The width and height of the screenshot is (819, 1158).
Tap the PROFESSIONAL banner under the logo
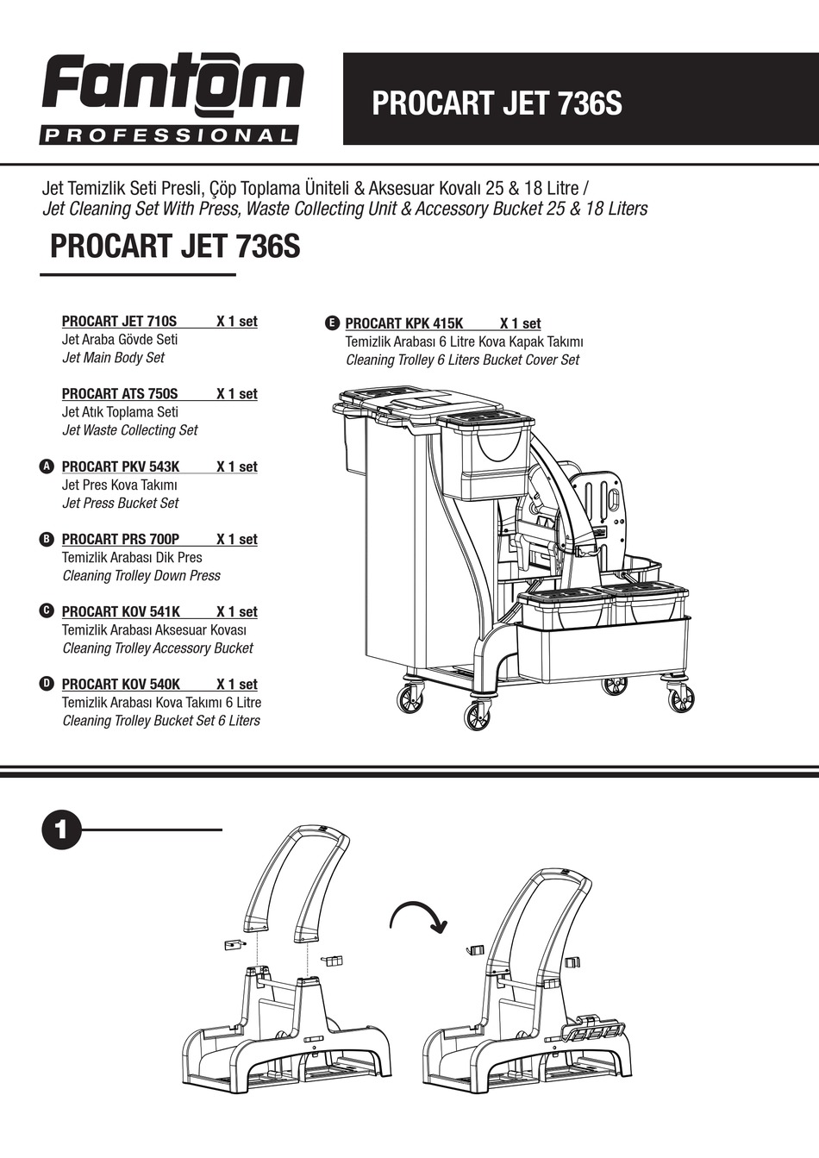[169, 135]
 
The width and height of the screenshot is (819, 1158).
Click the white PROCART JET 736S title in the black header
[496, 103]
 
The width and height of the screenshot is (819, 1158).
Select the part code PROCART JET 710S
[119, 322]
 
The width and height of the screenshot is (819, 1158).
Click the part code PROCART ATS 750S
[120, 394]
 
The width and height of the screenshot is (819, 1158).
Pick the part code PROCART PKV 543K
[121, 466]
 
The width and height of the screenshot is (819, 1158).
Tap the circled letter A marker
[47, 466]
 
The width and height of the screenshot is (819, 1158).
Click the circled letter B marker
[47, 539]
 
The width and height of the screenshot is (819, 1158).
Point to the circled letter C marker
[47, 611]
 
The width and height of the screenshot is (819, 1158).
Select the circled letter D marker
[47, 684]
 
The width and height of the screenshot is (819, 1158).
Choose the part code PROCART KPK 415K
[404, 323]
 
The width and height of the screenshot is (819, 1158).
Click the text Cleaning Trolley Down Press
[141, 575]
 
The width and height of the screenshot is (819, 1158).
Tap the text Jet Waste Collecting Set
[130, 430]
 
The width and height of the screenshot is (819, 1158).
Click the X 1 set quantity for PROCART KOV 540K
[236, 684]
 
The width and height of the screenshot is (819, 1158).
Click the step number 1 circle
[61, 830]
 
